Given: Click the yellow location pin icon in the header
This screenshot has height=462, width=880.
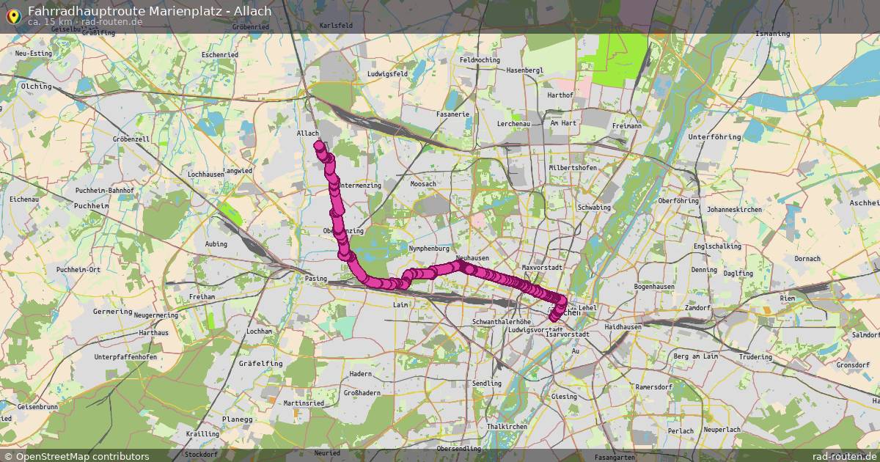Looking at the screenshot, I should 12,15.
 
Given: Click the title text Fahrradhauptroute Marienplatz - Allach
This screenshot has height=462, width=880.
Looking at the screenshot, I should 150,10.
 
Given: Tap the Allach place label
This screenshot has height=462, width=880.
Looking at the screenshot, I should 308,133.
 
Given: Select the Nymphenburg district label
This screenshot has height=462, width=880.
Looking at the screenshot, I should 428,249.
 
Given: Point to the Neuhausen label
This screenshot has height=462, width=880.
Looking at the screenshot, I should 472,258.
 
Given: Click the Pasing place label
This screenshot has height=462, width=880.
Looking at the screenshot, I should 315,279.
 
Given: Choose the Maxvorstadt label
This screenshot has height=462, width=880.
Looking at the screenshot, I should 542,268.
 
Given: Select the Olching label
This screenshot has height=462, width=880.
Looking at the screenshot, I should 37,86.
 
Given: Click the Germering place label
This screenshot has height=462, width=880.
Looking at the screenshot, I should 112,311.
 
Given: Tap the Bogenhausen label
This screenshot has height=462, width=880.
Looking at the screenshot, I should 653,286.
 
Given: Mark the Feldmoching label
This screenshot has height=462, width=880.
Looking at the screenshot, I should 480,60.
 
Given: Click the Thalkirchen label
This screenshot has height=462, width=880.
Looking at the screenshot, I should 507,426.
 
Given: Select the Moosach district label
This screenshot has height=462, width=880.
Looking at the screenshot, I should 423,184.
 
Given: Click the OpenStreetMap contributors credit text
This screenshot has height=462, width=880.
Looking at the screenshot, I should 82,456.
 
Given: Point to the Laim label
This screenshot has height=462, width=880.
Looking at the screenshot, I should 400,304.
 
